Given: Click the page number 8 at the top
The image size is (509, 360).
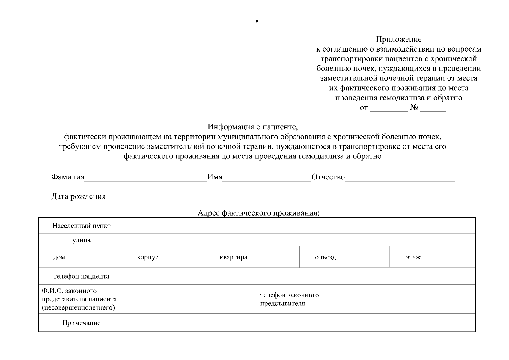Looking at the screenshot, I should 257,21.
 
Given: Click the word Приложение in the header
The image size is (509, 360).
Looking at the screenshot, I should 399,39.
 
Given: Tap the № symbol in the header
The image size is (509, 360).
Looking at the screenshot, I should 414,107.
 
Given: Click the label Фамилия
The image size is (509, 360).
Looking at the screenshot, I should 68,177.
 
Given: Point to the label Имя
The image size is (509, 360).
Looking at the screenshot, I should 215,177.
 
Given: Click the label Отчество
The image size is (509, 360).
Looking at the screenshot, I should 328,177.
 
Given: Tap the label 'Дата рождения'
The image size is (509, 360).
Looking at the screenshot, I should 79,196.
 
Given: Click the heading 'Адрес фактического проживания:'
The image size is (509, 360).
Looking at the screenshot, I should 258,213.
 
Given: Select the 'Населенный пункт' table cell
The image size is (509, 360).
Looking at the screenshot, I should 81,226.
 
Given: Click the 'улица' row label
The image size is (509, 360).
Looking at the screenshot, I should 81,240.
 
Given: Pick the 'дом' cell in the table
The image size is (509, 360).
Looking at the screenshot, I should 59,257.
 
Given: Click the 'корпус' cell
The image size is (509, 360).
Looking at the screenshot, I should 147,257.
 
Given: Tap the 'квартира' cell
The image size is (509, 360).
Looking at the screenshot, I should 233,257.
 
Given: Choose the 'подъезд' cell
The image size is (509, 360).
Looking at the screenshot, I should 323,257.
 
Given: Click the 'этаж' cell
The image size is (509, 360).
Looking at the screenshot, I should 413,257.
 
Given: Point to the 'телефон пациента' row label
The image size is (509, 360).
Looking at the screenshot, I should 81,276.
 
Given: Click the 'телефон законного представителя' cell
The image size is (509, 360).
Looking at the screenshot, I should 302,299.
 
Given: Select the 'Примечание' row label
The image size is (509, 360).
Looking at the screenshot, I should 81,323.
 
